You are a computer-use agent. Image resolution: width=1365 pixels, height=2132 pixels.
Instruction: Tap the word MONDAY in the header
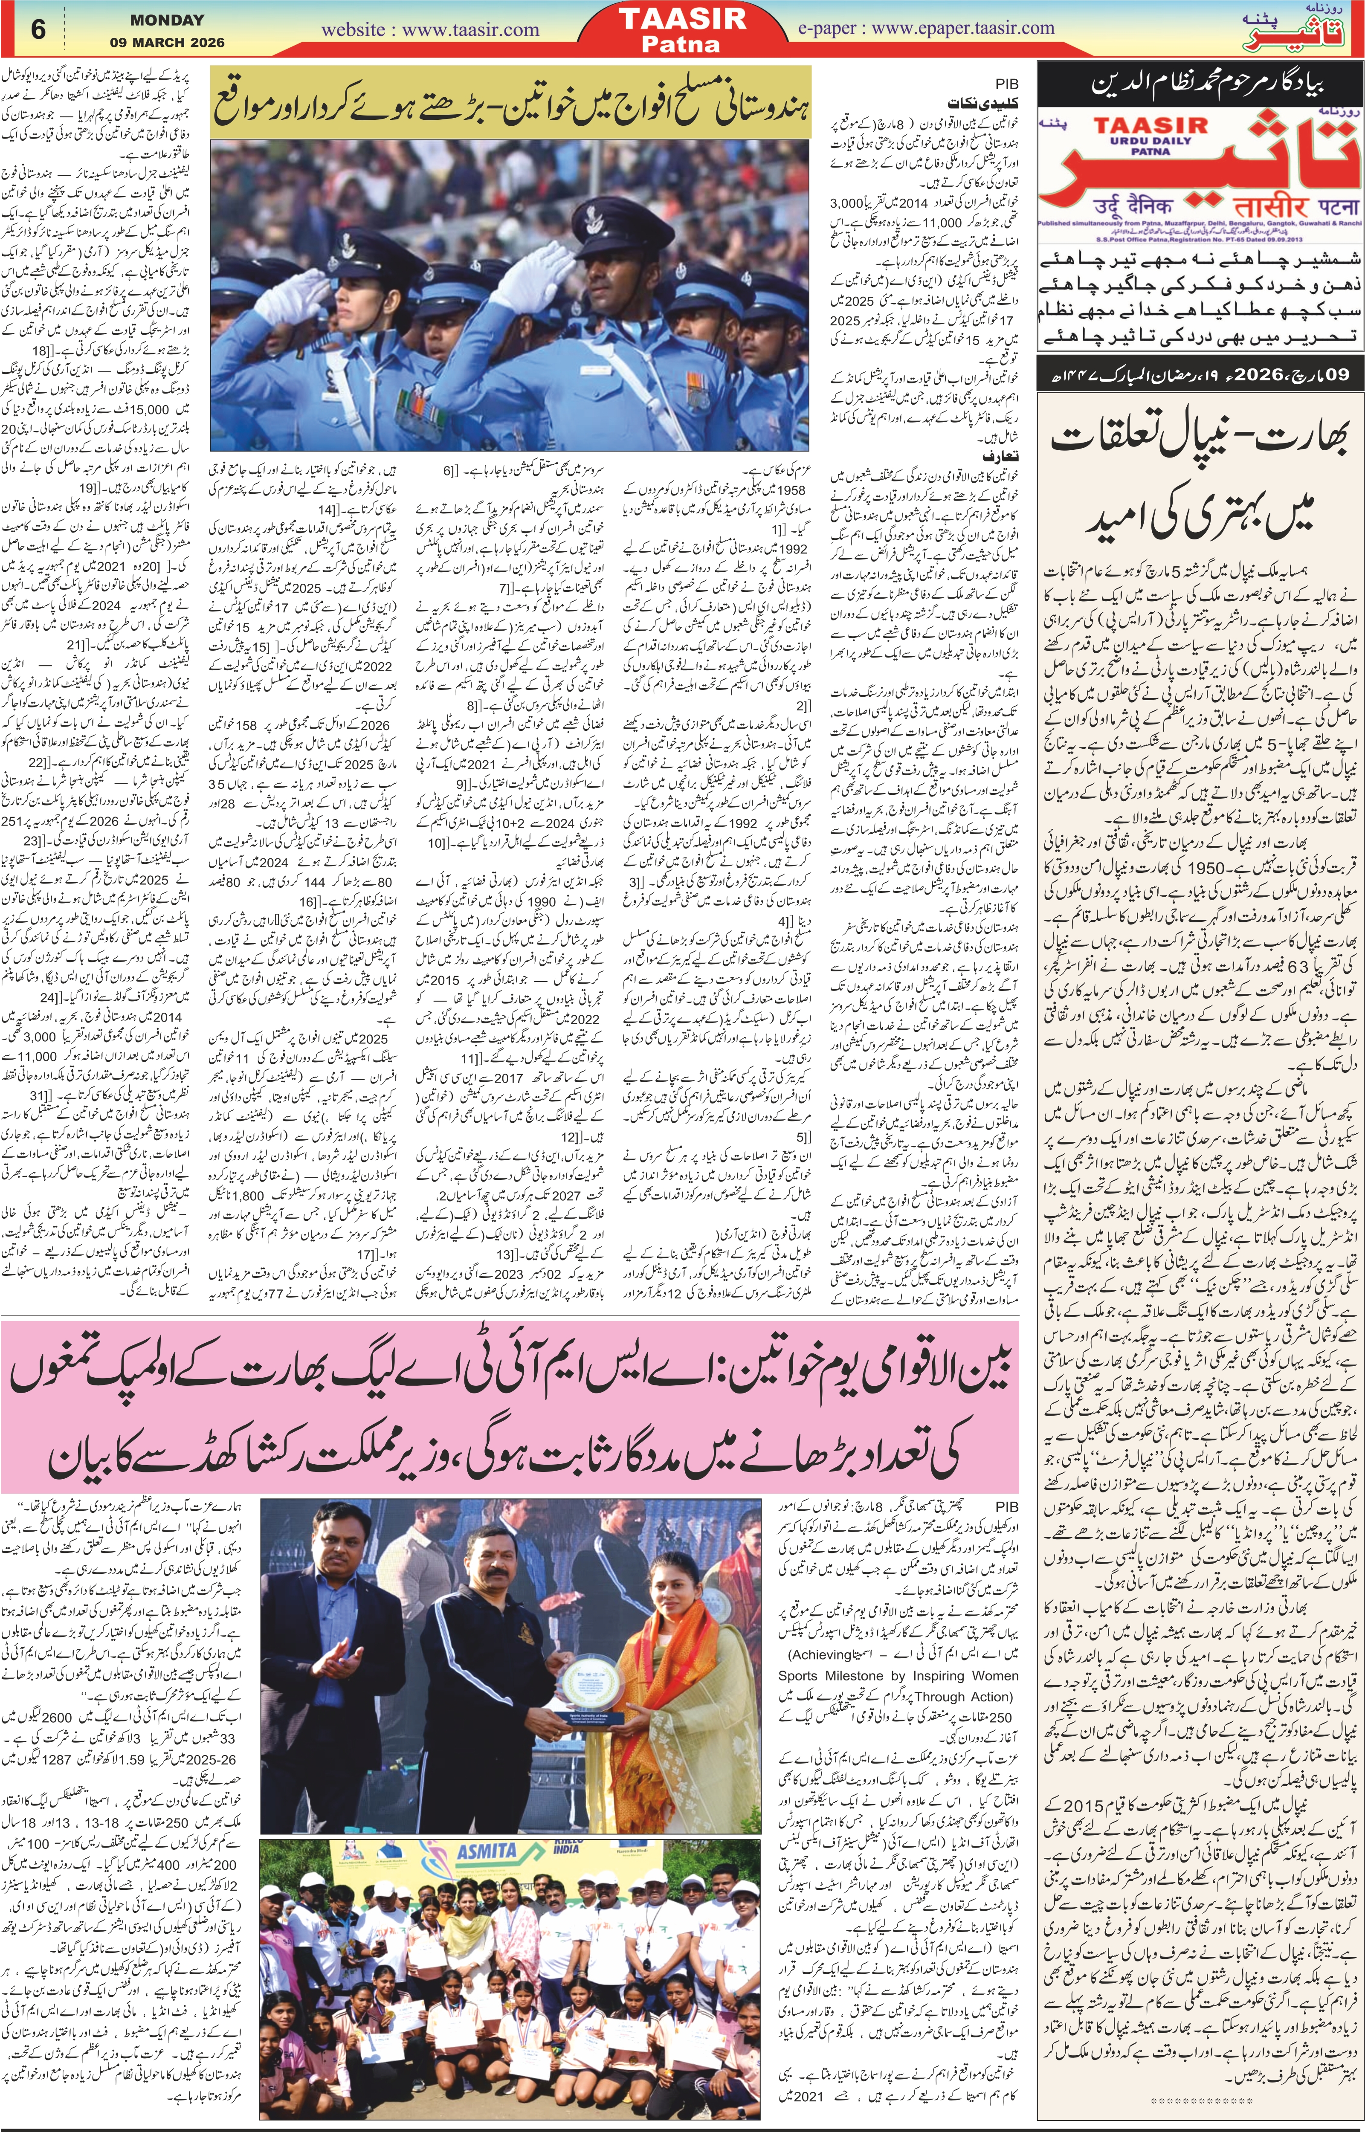click(167, 20)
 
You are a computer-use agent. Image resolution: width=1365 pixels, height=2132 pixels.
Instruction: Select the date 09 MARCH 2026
click(167, 42)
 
